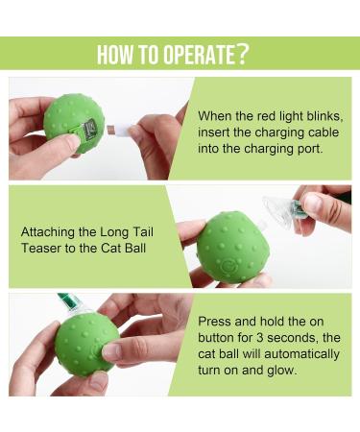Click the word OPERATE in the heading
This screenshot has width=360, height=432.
(200, 54)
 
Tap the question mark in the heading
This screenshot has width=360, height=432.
(243, 54)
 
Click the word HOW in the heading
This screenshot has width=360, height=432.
(115, 54)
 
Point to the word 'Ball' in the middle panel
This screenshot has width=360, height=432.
(135, 249)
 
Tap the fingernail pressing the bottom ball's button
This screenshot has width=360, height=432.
(111, 350)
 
